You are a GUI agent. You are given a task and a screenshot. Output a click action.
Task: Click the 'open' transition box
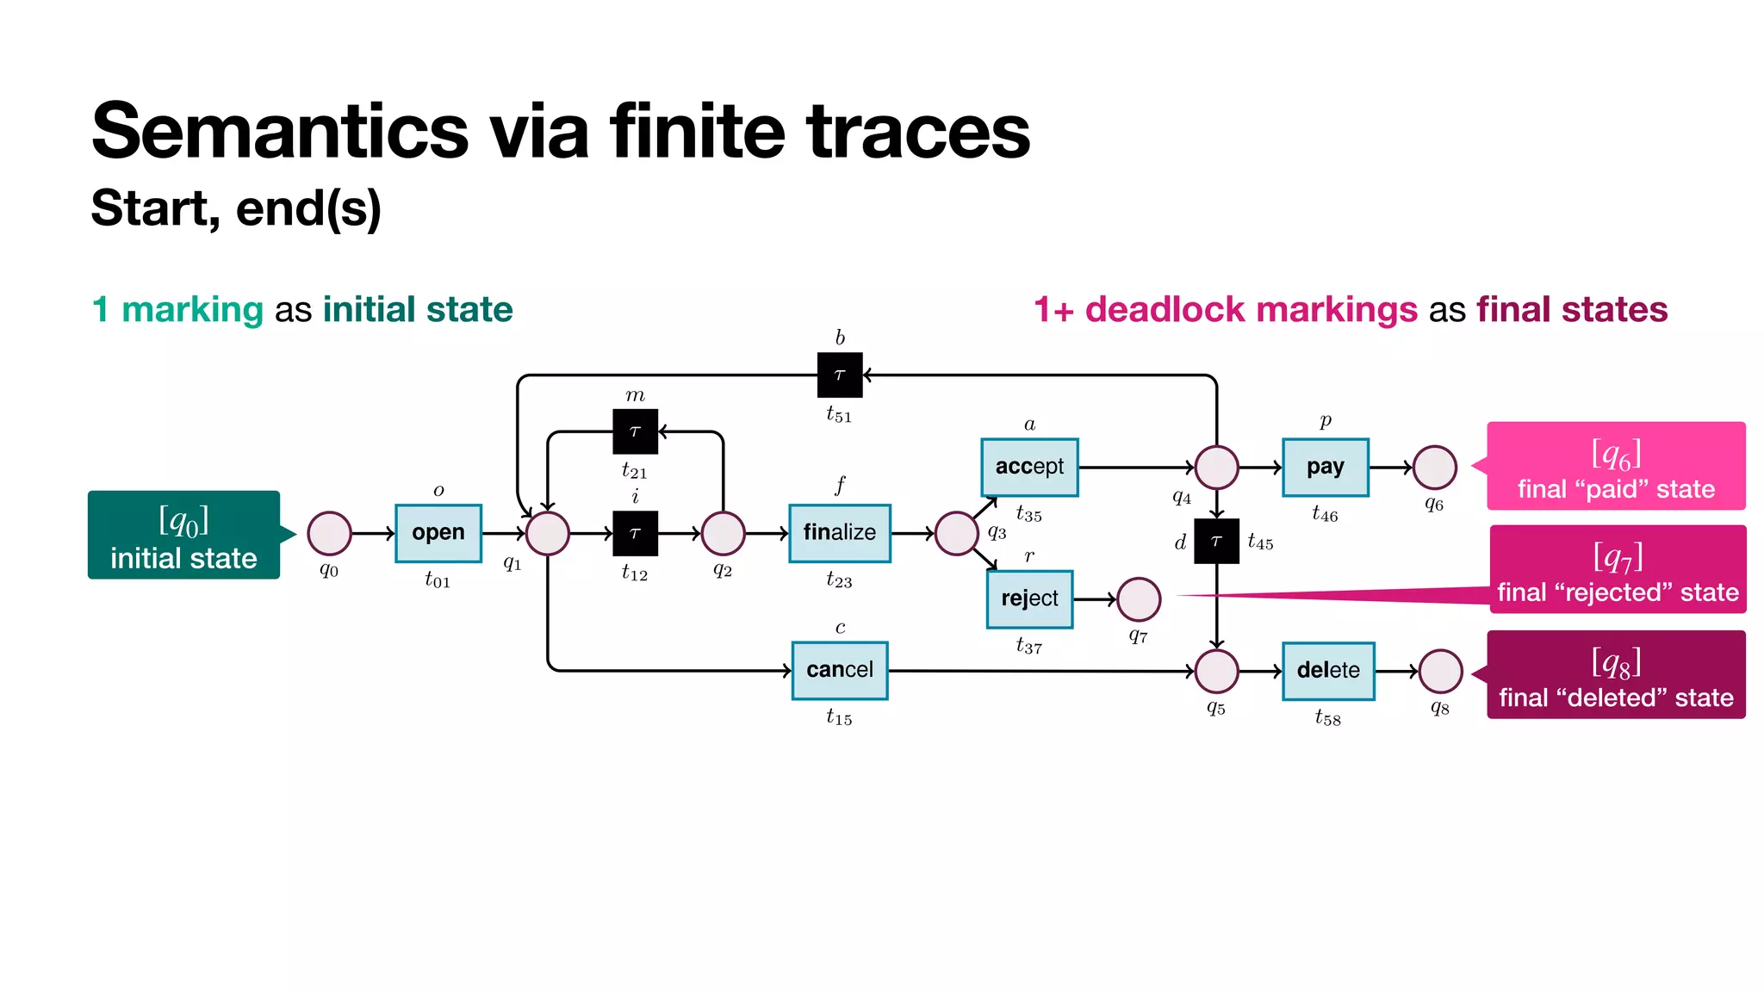438,533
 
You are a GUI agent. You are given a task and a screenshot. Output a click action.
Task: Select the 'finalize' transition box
839,533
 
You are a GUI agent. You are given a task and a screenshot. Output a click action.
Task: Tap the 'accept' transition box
1029,467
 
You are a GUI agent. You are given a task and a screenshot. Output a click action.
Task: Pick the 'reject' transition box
1029,598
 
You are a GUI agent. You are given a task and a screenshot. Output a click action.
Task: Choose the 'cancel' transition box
839,670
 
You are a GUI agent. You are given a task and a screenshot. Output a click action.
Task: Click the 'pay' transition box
1325,467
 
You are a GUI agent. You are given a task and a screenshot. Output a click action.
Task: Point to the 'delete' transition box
1327,670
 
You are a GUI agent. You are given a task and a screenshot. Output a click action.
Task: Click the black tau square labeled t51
840,375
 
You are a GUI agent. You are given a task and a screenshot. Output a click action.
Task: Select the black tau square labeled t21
635,431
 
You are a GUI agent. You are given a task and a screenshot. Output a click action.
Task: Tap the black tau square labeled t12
635,533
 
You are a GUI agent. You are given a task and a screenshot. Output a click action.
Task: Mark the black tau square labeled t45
1216,541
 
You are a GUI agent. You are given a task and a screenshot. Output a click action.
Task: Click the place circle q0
329,533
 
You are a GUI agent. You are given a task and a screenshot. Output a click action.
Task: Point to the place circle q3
956,533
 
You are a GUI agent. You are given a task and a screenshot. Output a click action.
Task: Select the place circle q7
1138,599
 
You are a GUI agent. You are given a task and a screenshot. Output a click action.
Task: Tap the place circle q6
1434,467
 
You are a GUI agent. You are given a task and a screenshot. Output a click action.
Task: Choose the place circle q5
1216,671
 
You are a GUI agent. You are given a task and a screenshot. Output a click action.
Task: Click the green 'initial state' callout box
183,535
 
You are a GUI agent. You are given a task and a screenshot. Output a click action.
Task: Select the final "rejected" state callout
1618,569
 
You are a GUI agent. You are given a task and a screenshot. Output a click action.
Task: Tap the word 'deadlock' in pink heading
1167,309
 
